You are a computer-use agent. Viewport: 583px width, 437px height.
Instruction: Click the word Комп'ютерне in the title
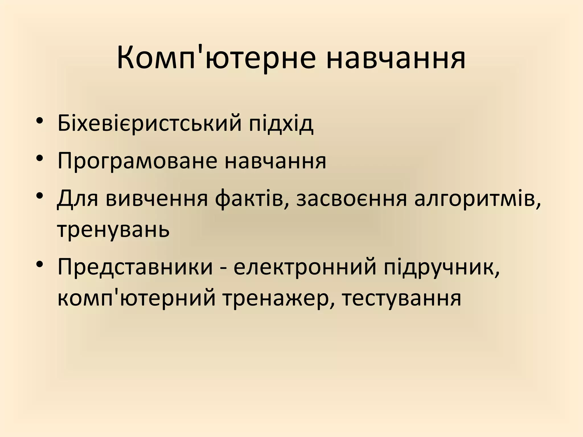216,59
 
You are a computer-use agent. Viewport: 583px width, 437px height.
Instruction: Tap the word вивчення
157,199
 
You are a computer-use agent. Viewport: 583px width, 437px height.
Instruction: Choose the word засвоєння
352,199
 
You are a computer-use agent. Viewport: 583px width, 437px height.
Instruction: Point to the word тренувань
113,230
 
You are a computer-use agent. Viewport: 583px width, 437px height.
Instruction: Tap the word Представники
135,267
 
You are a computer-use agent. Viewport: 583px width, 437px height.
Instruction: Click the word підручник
442,267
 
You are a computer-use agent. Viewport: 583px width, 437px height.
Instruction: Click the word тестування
401,299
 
